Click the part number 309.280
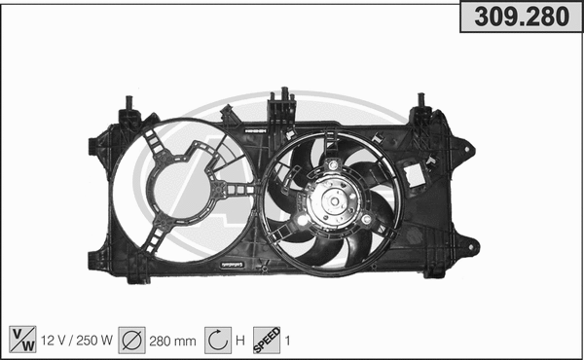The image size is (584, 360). pyautogui.click(x=521, y=18)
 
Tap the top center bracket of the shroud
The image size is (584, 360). pyautogui.click(x=283, y=102)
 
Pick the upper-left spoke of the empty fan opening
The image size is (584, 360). pyautogui.click(x=153, y=142)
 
